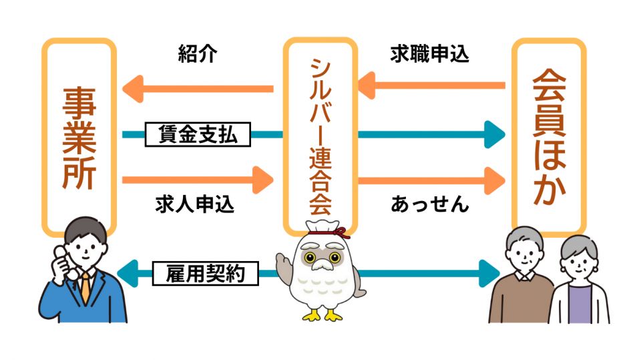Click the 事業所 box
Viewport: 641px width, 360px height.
(79, 137)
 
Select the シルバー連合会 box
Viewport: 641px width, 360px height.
(320, 134)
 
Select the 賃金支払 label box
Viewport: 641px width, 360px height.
(198, 136)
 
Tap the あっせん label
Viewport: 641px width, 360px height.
(429, 204)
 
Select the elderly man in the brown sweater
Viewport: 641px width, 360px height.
(521, 281)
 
